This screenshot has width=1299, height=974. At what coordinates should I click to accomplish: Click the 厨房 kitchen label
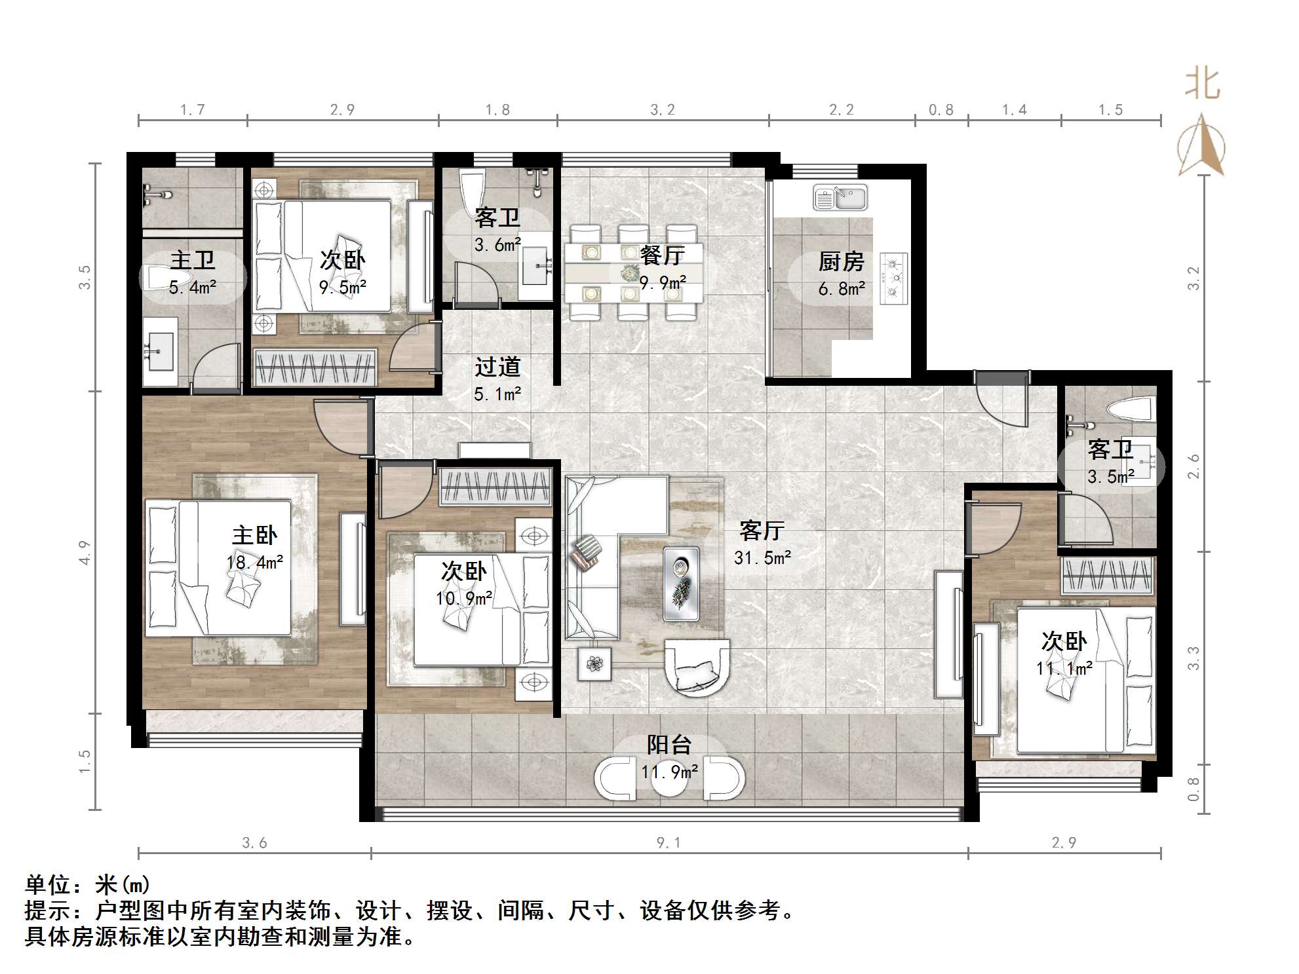841,262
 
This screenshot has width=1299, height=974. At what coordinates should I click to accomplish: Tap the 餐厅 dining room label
662,255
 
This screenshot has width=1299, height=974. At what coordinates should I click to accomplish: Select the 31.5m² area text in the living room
762,558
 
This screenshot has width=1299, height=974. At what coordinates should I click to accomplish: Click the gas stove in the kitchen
893,278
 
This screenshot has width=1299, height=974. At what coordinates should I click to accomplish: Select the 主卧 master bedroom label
254,536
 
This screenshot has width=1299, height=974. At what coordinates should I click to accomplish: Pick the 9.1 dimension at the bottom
669,843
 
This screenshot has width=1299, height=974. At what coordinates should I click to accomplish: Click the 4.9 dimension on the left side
84,552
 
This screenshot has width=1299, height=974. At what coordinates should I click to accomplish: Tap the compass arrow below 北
1201,147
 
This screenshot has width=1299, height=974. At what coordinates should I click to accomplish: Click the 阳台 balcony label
669,745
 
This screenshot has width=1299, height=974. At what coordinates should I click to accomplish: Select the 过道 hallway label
497,367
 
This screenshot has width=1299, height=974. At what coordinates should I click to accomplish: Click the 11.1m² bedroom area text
1064,669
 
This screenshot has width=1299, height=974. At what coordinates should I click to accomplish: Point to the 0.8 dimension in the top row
940,110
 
